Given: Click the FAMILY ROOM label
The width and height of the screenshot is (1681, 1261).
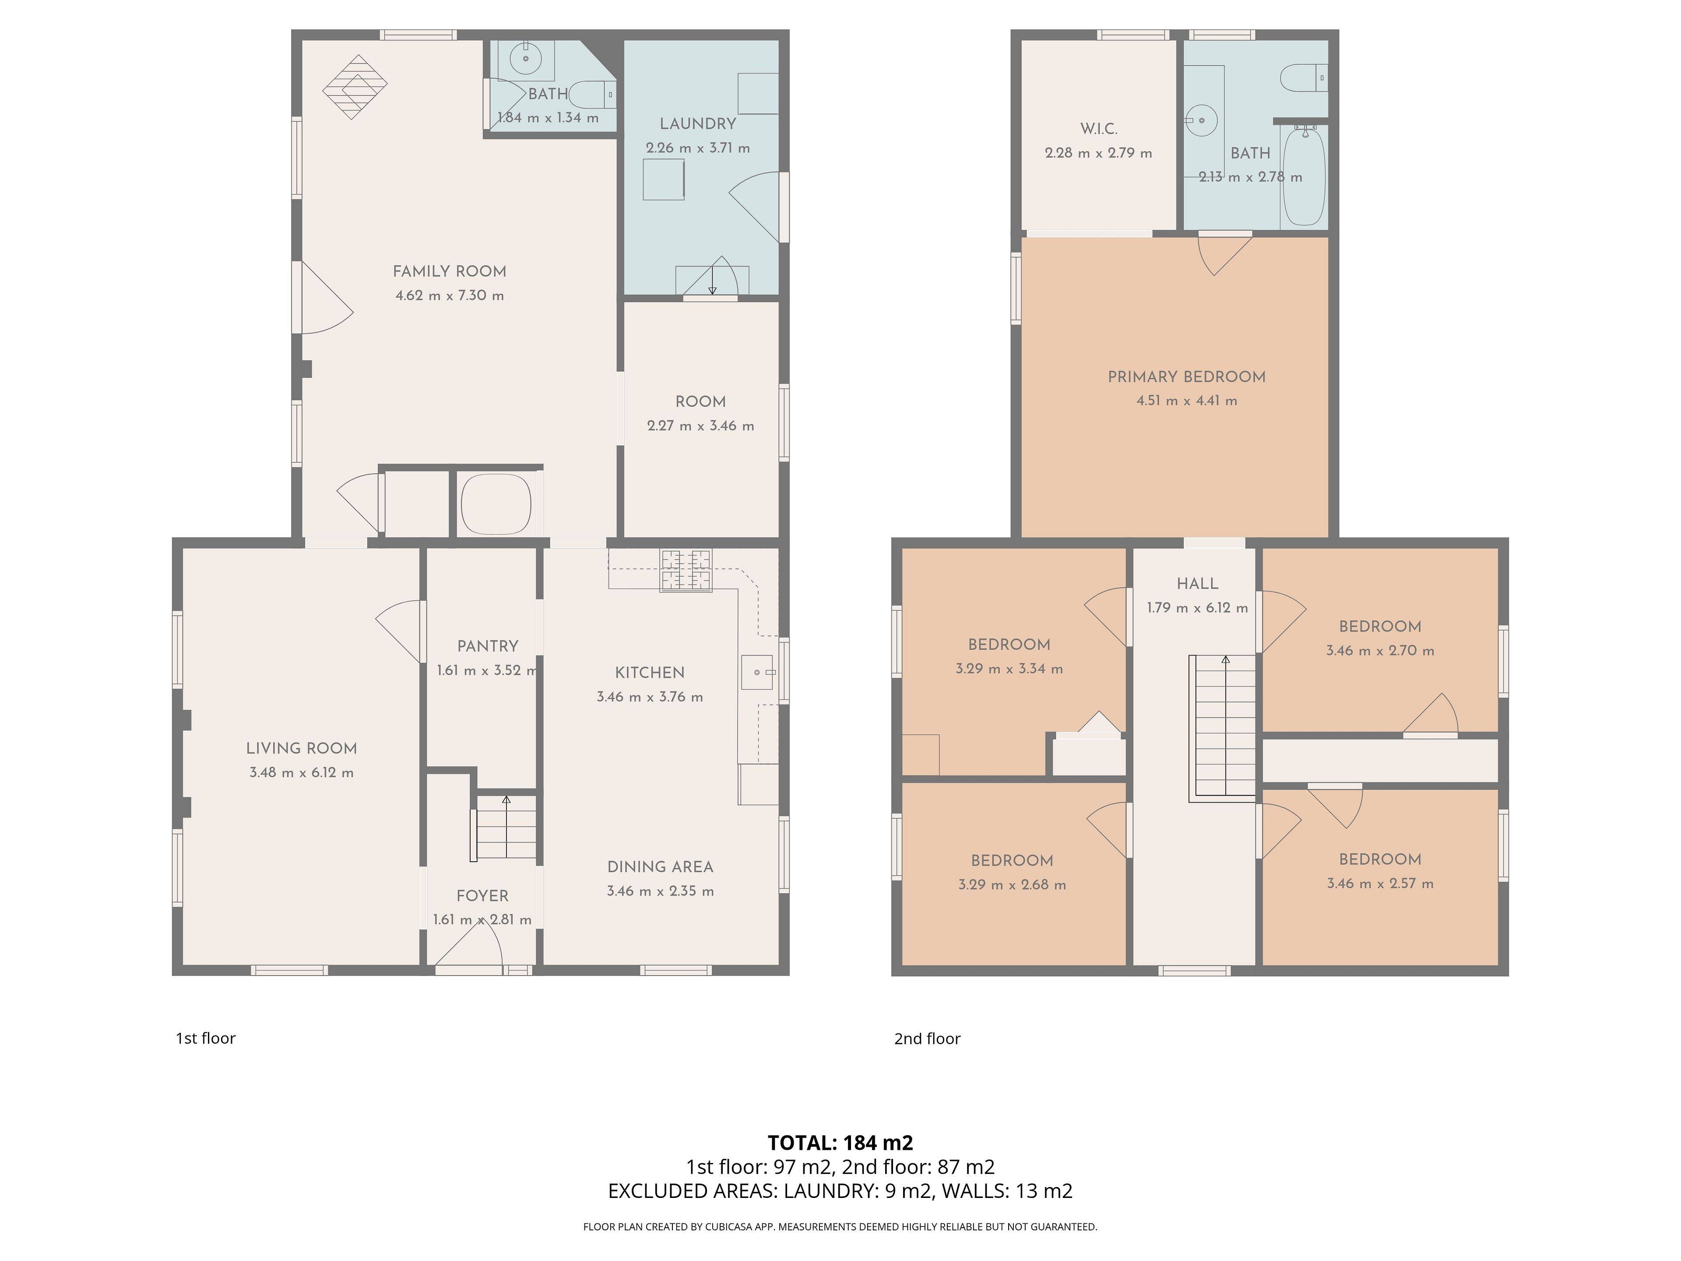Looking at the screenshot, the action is [449, 271].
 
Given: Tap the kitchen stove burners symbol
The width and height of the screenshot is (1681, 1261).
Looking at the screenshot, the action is [686, 570].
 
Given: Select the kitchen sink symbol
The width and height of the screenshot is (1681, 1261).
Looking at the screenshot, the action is [757, 673].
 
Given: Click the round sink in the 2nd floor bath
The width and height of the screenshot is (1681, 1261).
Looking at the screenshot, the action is [1202, 120].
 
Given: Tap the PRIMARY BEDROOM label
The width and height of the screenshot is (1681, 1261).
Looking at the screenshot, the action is [1186, 377].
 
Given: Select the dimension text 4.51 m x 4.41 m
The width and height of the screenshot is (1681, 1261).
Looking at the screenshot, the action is [1186, 401].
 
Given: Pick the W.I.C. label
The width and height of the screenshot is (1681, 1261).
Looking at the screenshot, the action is [1099, 129].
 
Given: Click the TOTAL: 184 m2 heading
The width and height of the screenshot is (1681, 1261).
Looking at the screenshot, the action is [840, 1142].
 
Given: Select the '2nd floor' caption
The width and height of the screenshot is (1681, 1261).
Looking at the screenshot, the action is [927, 1038].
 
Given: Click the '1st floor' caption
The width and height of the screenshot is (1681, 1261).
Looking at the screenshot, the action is [205, 1038].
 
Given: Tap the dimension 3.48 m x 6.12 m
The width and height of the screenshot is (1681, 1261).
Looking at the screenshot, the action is [302, 772].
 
